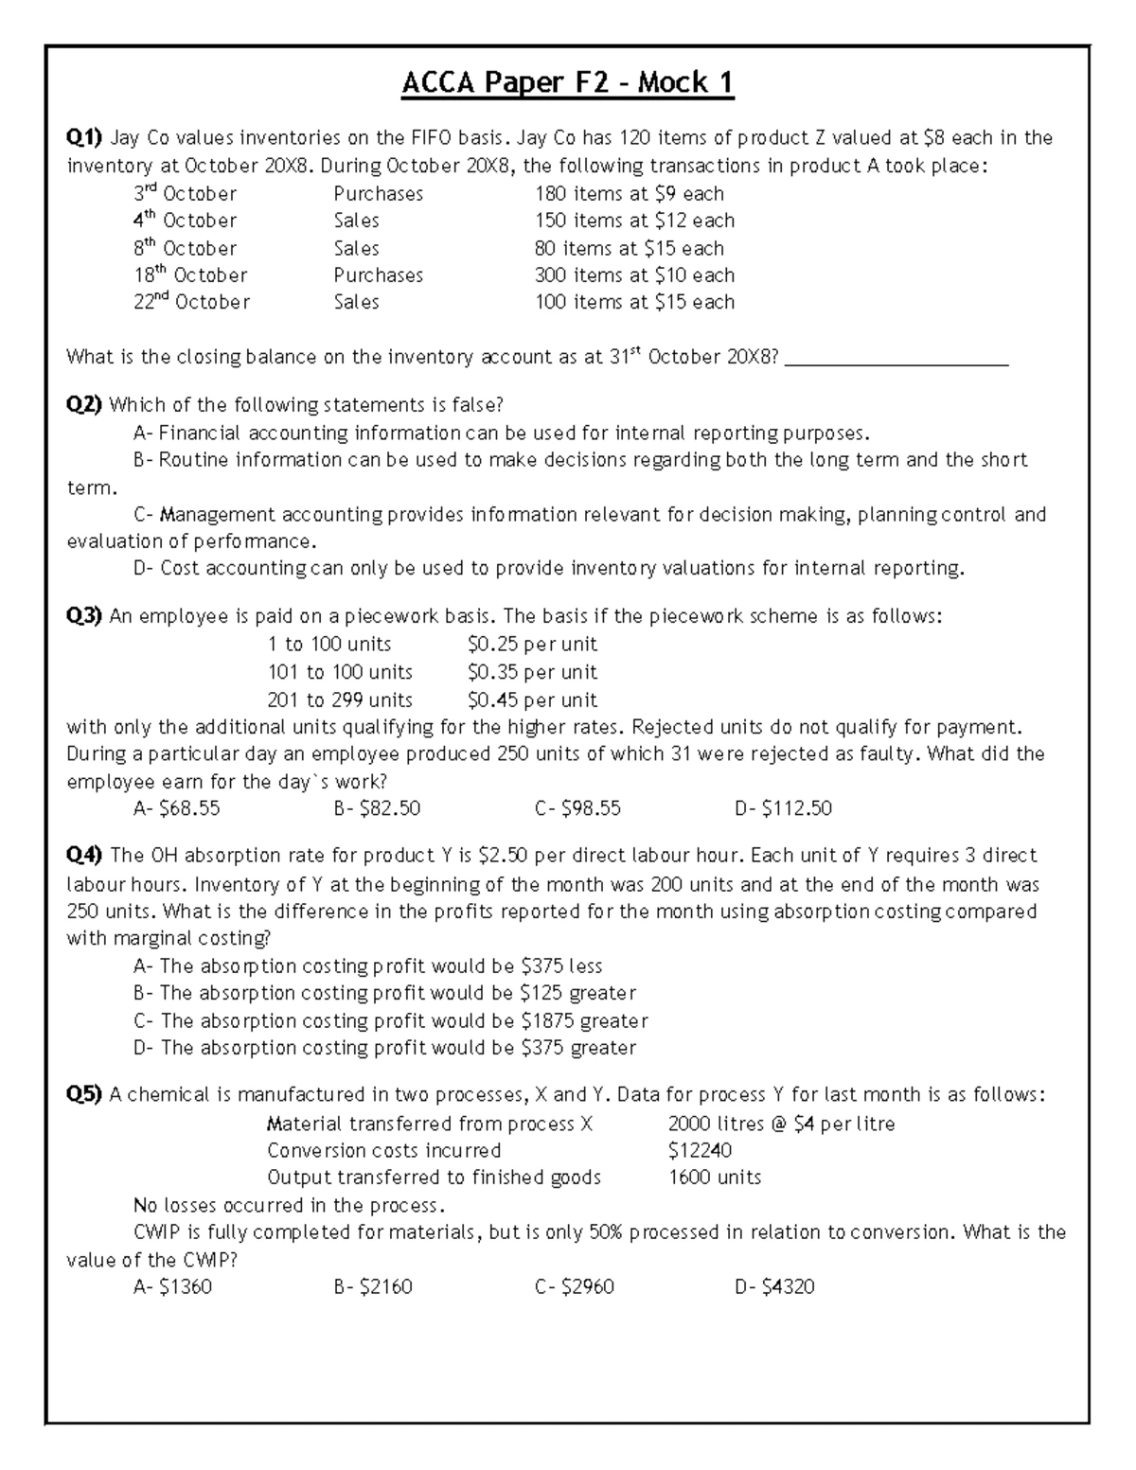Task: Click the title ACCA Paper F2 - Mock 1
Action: click(x=568, y=83)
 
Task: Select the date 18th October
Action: click(x=190, y=275)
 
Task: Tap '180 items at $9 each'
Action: click(x=629, y=194)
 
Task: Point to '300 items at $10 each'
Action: click(x=634, y=275)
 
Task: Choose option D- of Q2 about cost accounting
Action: click(x=548, y=569)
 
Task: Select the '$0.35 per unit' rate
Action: click(x=532, y=672)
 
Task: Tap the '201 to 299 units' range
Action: click(x=340, y=700)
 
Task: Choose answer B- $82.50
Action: click(x=377, y=808)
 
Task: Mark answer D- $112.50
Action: click(x=783, y=808)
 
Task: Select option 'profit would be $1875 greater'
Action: click(x=404, y=1021)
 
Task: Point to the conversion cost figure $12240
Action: click(x=700, y=1151)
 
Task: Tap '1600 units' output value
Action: click(x=714, y=1178)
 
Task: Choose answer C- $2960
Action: click(x=574, y=1287)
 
